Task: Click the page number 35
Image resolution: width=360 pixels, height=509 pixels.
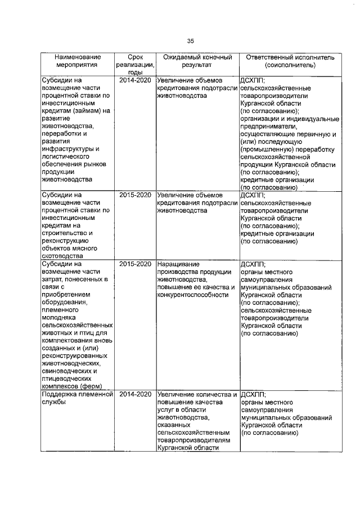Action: coord(190,40)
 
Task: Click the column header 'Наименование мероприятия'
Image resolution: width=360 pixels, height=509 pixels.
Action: coord(78,61)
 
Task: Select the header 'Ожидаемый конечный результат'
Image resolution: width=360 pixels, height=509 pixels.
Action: coord(197,61)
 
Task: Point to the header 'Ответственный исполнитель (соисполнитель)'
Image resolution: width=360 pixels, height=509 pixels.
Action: coord(290,61)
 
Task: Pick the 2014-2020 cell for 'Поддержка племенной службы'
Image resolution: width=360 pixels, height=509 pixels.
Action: coord(135,394)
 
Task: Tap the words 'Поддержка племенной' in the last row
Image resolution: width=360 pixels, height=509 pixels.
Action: coord(76,394)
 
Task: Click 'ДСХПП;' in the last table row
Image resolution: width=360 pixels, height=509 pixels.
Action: coord(253,394)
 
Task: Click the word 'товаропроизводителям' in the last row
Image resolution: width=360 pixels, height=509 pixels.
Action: coord(195,440)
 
